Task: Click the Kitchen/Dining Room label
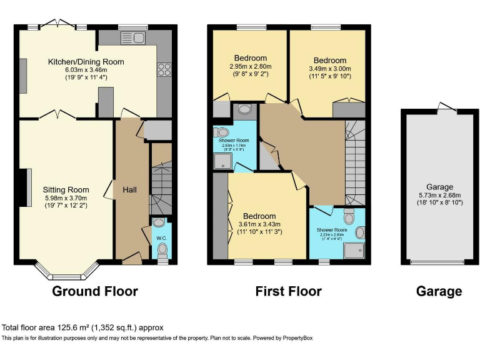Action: point(86,61)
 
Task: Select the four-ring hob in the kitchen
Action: point(164,69)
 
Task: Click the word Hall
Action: point(131,189)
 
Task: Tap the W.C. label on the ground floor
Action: point(161,237)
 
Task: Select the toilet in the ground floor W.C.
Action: point(162,251)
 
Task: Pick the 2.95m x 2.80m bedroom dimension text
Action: point(249,68)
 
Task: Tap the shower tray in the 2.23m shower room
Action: point(355,251)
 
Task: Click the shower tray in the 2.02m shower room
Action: point(222,162)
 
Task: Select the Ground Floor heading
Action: point(94,291)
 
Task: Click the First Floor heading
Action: point(288,291)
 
